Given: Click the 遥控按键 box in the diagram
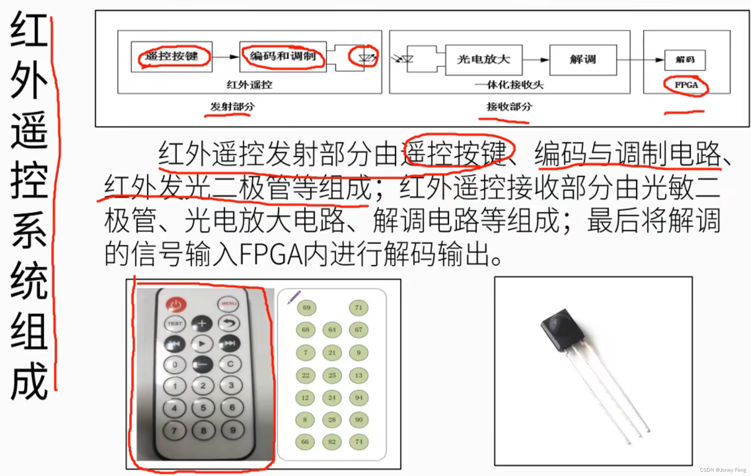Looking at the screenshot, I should (171, 56).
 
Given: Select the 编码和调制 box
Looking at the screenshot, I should (283, 56).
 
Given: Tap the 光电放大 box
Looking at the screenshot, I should (484, 60).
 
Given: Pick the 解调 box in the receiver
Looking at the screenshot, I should (583, 60).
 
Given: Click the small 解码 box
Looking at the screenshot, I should (685, 60).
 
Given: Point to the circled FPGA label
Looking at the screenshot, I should (686, 85).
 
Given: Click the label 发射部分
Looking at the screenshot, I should (232, 107).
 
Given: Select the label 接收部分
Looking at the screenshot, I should (509, 107).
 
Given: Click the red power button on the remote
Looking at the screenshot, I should (176, 304).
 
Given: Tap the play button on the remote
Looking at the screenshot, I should (202, 344).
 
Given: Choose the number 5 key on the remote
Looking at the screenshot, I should (203, 408).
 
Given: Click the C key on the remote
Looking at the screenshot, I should (230, 364).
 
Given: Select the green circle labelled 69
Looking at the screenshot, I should (306, 308).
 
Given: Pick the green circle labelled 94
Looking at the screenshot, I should (358, 398).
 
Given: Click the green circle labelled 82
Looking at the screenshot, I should (332, 442).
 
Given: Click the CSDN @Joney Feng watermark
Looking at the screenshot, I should (723, 470).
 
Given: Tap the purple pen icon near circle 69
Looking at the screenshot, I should (294, 297).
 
